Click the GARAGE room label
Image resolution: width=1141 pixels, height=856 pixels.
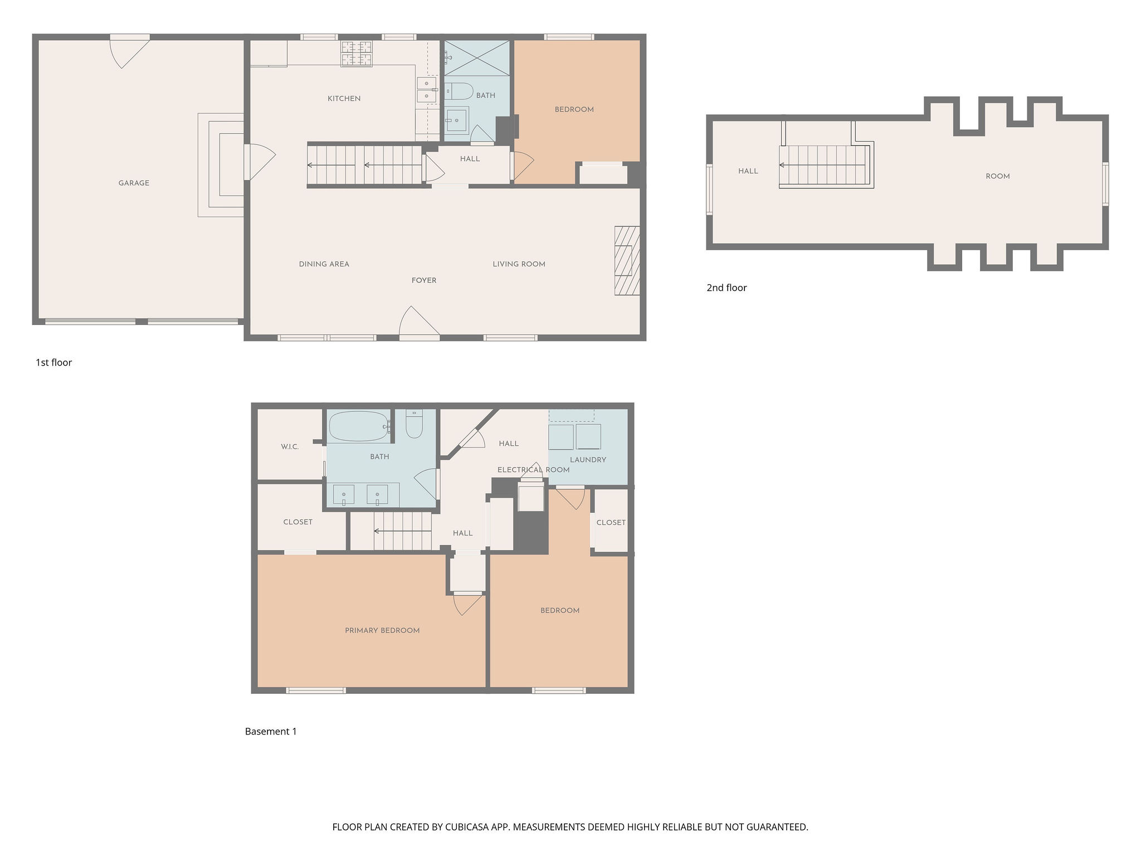[x=134, y=183]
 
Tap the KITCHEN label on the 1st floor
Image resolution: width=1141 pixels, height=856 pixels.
[x=344, y=99]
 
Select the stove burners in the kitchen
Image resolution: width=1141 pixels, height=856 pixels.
[x=357, y=53]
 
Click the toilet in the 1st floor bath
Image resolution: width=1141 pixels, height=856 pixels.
[x=459, y=91]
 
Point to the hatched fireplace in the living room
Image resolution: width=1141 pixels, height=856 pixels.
[x=627, y=260]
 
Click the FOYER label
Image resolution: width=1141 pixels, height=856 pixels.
[x=424, y=280]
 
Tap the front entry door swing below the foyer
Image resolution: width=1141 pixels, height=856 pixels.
[x=420, y=321]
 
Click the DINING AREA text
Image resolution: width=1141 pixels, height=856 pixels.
[x=324, y=264]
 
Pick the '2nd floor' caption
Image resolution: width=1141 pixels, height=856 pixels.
[x=726, y=288]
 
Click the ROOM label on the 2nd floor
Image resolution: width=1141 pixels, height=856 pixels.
[x=997, y=176]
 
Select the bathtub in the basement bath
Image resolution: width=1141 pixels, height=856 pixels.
[x=359, y=426]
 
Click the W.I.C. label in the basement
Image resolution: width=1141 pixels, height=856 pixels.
[x=290, y=446]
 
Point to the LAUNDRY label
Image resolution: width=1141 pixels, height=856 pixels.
[x=588, y=460]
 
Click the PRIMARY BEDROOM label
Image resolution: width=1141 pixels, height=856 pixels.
[x=382, y=630]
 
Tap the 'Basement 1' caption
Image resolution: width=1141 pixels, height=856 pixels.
[x=271, y=731]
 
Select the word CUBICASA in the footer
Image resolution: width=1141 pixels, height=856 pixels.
[x=466, y=827]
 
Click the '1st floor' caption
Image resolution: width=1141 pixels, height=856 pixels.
[x=54, y=362]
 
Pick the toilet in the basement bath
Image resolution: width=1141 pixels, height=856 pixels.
[x=414, y=424]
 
